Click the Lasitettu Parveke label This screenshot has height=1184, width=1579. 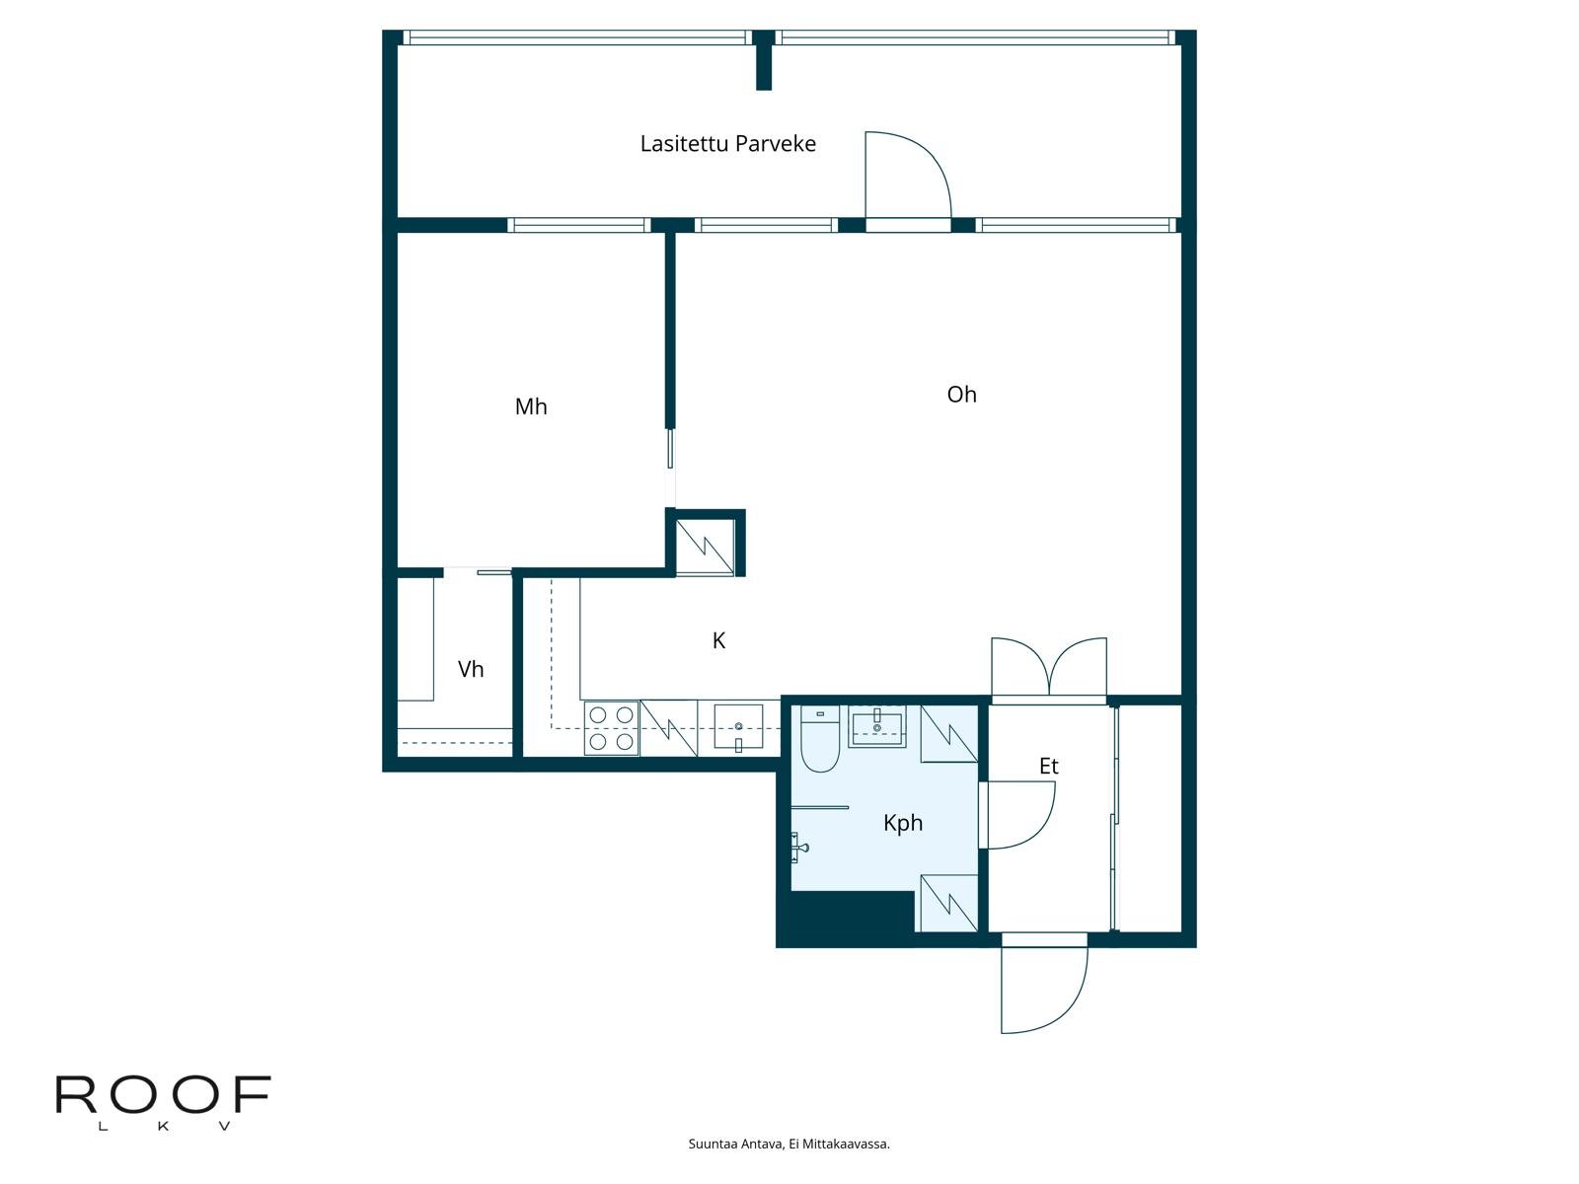[727, 144]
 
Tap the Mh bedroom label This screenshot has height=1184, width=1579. [530, 407]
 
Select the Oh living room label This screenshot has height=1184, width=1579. [960, 395]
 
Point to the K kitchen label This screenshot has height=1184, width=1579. [718, 641]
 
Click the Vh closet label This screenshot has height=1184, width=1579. [471, 669]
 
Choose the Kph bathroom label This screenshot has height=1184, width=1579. [902, 823]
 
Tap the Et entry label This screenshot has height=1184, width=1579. [1048, 766]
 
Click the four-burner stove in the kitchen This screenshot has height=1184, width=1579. [611, 728]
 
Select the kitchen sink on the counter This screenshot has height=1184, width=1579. [738, 727]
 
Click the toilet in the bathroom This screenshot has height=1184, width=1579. [819, 740]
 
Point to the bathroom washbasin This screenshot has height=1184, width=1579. [876, 725]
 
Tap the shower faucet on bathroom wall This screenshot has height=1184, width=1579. [800, 846]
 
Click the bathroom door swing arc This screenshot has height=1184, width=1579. [1020, 815]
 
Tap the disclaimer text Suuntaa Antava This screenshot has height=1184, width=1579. [789, 1145]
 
